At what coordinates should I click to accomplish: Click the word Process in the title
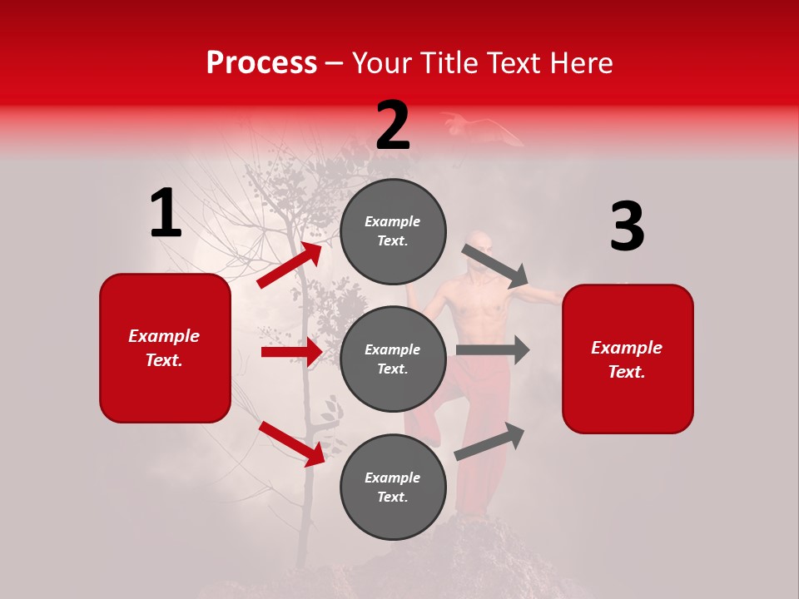click(x=261, y=63)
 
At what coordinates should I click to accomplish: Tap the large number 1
click(x=166, y=214)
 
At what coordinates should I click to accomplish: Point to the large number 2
click(x=393, y=126)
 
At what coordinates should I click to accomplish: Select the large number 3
click(x=627, y=227)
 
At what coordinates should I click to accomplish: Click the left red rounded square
click(x=165, y=348)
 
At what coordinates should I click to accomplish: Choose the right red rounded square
click(x=628, y=359)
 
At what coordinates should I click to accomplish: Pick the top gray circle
click(x=393, y=231)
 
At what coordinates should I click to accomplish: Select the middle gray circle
click(x=393, y=359)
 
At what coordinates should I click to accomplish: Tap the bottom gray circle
click(x=393, y=487)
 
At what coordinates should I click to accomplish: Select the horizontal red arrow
click(x=291, y=352)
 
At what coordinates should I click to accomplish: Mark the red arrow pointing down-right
click(x=292, y=443)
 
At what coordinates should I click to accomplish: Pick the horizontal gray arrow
click(x=493, y=350)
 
